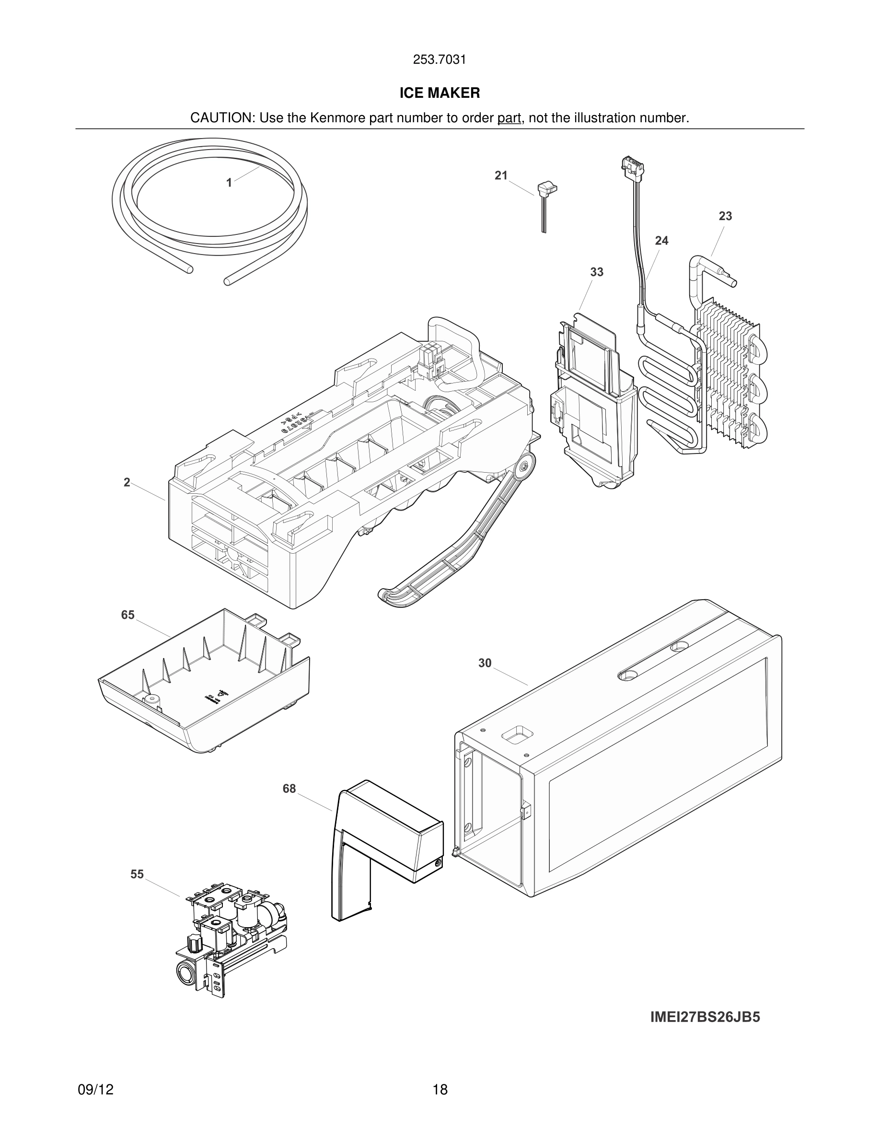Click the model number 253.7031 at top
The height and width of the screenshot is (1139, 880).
440,60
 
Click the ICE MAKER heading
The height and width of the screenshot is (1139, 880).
440,93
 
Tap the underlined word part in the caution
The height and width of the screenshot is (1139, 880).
509,118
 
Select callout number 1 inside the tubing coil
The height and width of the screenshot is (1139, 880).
229,183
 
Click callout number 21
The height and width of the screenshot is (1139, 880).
501,176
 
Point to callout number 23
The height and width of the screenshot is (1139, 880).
725,216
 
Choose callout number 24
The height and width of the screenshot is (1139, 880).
661,241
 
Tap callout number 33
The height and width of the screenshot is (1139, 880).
597,272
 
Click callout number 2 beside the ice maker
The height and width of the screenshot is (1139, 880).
127,482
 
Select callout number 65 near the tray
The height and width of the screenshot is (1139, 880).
127,615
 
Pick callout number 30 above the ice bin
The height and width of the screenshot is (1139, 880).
485,663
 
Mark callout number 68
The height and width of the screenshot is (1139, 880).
289,789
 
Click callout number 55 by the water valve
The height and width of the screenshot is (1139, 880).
137,874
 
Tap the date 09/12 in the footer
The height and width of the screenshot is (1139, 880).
95,1090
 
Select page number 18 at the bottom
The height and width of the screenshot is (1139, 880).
440,1090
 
